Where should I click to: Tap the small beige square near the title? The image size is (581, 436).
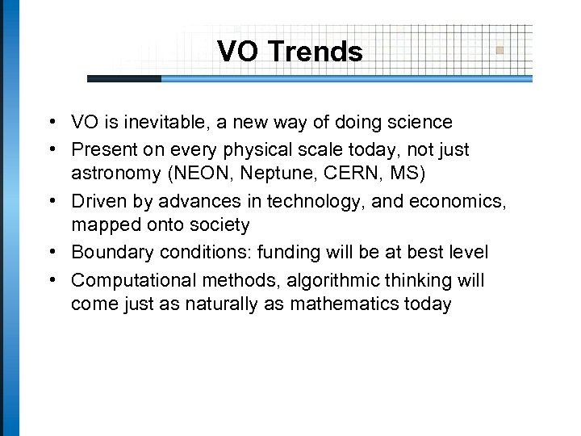[500, 49]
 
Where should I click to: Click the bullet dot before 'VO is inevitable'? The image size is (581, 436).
[51, 123]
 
